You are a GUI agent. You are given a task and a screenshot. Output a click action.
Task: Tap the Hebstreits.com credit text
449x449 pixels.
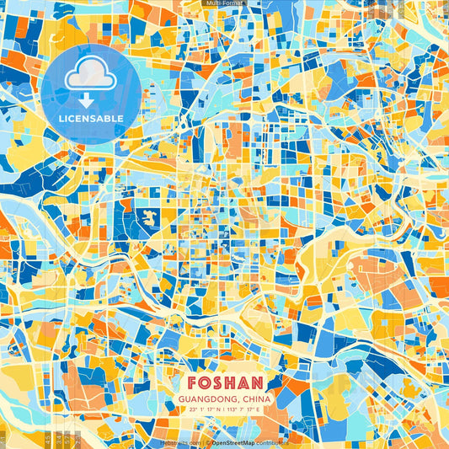180,441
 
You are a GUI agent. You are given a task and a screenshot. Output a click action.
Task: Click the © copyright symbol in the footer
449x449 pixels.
208,441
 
